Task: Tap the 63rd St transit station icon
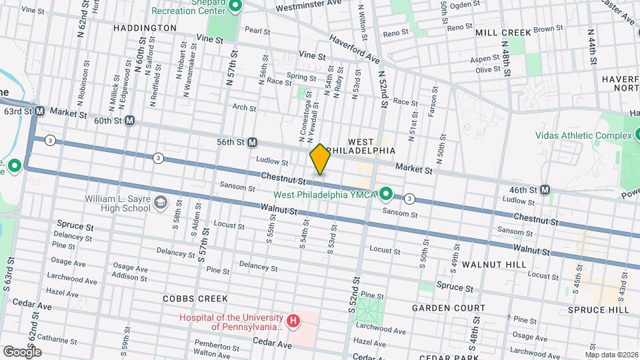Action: coord(39,111)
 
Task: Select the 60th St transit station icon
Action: coord(129,121)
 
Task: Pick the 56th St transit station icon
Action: coord(253,142)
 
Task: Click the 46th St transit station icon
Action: coord(545,190)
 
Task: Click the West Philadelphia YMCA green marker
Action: coord(385,194)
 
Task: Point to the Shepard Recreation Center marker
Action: coord(235,7)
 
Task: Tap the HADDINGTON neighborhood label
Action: coord(145,28)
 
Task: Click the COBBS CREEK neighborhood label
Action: coord(195,299)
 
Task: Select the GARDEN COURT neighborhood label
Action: coord(448,308)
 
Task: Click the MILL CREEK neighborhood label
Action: coord(503,32)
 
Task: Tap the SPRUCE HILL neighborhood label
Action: coord(598,310)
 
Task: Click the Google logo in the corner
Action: coord(22,351)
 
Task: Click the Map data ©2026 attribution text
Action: coord(611,354)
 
